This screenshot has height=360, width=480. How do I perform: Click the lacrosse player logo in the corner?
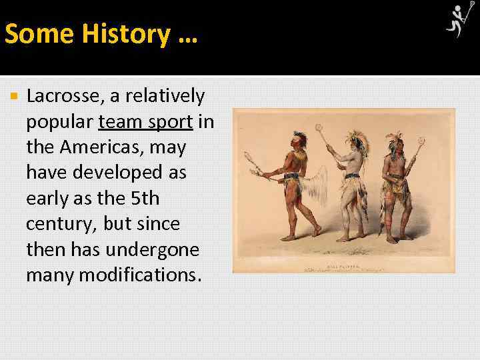coord(458,21)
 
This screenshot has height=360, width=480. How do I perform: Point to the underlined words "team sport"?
coord(145,122)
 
